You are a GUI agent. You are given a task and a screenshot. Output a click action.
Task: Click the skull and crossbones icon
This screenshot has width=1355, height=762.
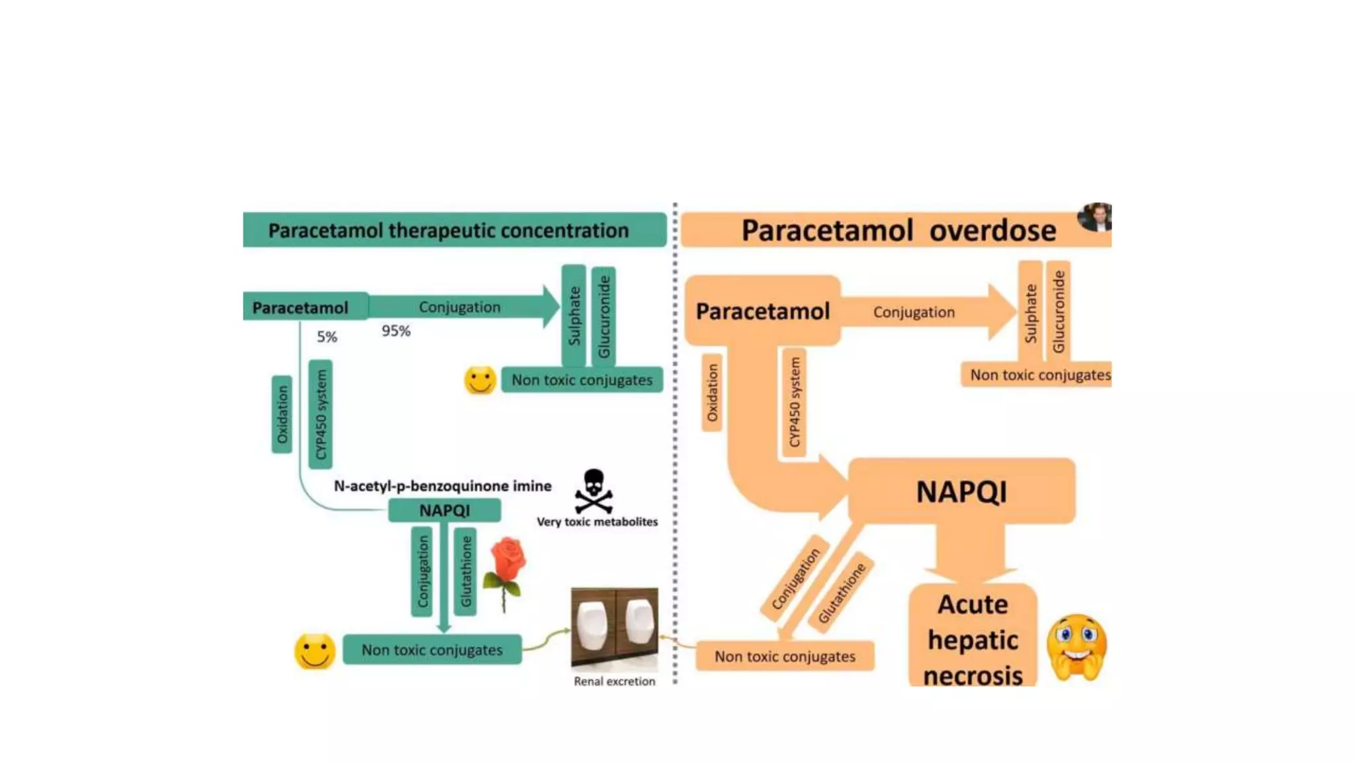[593, 491]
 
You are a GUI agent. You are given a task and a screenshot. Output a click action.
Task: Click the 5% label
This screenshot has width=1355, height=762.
[327, 337]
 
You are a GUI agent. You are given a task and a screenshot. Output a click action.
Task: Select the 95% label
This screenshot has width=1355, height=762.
[396, 331]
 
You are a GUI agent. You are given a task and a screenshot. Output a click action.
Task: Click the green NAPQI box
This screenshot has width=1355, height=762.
[444, 511]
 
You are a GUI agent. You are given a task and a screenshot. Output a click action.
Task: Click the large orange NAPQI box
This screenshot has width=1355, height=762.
[961, 491]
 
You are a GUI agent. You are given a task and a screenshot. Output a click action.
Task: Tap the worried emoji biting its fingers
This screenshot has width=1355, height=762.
[1076, 648]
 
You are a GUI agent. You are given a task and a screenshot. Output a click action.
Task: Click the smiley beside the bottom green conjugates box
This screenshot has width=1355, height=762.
[314, 652]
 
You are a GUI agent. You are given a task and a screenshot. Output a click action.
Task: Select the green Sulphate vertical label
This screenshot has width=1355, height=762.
[574, 316]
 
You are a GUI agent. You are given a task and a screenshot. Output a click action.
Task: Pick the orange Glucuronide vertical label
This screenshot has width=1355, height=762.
[1059, 311]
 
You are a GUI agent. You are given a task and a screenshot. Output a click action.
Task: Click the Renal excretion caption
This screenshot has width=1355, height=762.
[614, 681]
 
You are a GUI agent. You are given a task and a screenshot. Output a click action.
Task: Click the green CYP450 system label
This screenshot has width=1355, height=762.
[321, 414]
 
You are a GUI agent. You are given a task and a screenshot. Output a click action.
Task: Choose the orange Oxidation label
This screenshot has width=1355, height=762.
[712, 392]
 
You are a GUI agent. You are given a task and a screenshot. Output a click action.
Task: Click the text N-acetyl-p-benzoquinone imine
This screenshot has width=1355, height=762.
[442, 486]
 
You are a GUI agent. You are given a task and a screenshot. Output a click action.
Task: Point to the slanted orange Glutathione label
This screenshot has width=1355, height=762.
[842, 593]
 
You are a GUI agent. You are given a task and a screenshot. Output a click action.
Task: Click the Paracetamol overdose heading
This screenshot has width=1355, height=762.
[898, 231]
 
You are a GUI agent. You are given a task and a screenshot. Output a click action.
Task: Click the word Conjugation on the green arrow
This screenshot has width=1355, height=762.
[459, 307]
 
